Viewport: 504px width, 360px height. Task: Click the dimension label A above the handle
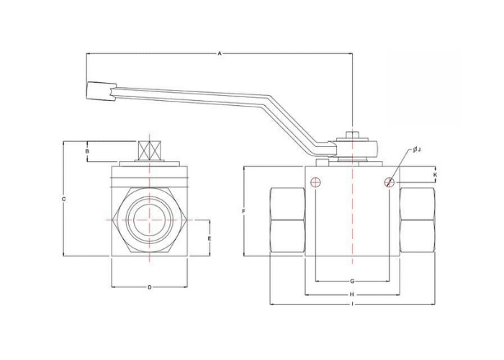(220, 53)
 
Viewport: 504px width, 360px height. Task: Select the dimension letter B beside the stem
(87, 150)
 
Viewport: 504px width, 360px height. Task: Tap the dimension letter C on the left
(63, 199)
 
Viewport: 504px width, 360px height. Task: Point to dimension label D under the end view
(150, 287)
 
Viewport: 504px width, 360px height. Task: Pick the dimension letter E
(210, 238)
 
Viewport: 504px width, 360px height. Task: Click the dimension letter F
(243, 211)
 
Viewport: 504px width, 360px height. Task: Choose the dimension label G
(352, 282)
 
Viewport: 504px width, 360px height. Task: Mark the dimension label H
(352, 294)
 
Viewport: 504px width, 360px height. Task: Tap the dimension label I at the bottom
(353, 304)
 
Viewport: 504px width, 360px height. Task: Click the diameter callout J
(417, 150)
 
